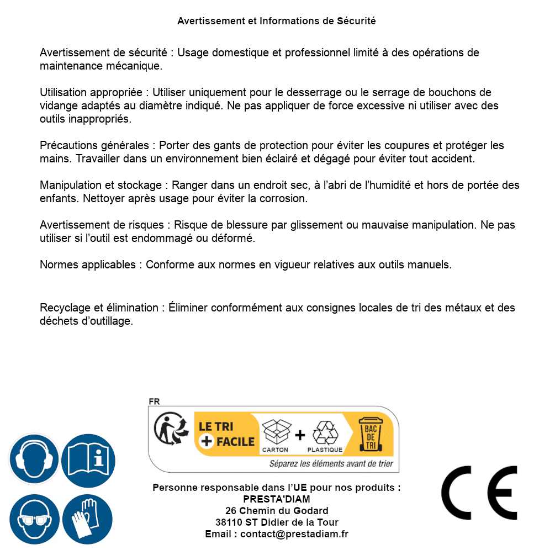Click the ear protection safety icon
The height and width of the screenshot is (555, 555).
34,459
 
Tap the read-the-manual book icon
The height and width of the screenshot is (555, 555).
88,459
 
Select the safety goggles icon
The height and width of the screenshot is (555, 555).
34,520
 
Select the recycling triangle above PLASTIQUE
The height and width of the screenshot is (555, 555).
325,432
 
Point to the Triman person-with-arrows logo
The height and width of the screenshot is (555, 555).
170,429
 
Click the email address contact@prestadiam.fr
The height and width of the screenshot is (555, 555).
294,534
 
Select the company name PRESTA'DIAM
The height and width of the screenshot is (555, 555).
276,499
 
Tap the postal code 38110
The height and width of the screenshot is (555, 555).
229,522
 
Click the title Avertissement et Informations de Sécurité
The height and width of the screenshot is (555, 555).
276,21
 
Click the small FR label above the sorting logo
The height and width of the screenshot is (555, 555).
154,402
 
